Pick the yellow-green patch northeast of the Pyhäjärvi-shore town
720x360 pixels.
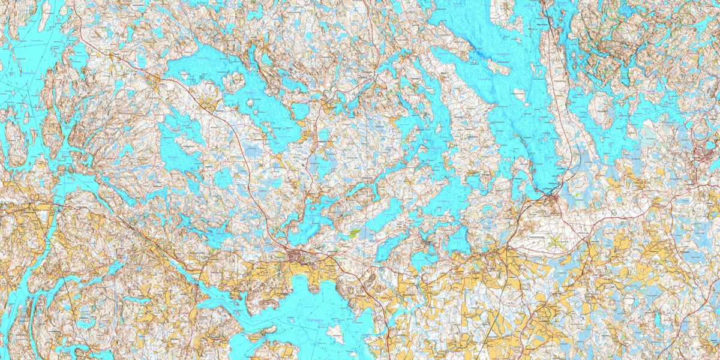pos(355,231)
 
